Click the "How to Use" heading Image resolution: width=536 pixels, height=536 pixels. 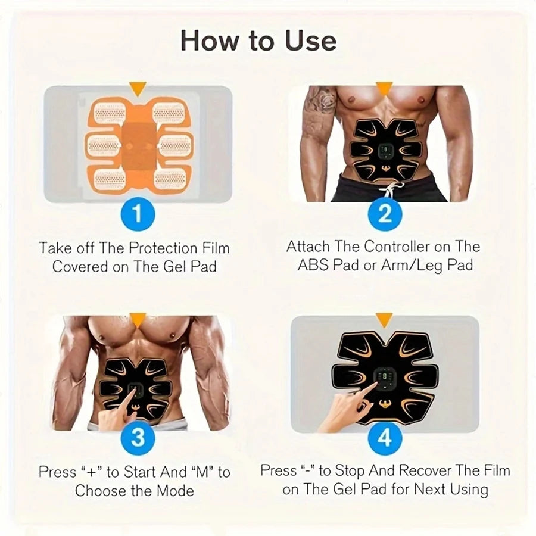(258, 40)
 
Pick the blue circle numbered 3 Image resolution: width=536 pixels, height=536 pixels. (138, 440)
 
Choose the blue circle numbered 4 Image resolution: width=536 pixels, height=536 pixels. (385, 440)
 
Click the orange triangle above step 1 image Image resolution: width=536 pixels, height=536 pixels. (138, 89)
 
